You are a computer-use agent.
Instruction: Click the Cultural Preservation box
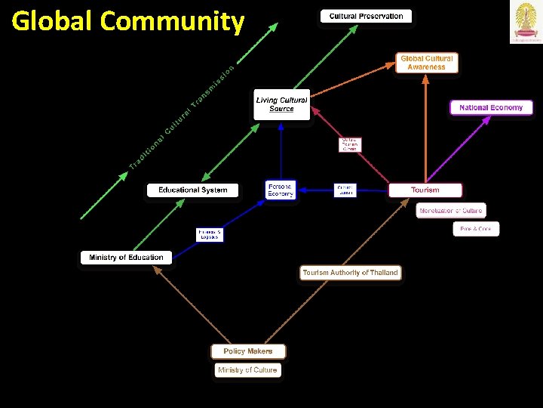[x=367, y=16]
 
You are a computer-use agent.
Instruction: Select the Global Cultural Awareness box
[x=427, y=63]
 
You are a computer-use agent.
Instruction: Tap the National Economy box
[x=491, y=108]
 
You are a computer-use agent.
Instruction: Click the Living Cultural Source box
[x=282, y=104]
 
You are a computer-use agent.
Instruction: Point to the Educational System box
[x=192, y=190]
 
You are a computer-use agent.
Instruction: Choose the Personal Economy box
[x=281, y=190]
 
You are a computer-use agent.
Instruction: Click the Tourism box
[x=425, y=190]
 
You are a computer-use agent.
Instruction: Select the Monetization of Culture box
[x=451, y=210]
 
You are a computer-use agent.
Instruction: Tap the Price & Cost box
[x=476, y=228]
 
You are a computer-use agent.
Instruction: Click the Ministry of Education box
[x=126, y=258]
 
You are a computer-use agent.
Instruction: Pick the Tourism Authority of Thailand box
[x=350, y=273]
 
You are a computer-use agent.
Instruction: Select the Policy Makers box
[x=248, y=351]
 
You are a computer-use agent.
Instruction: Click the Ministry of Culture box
[x=247, y=370]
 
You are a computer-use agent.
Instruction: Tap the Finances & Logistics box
[x=210, y=234]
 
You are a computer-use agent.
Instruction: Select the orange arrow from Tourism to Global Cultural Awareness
[x=426, y=128]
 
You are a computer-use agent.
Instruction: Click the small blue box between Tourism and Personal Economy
[x=345, y=190]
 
